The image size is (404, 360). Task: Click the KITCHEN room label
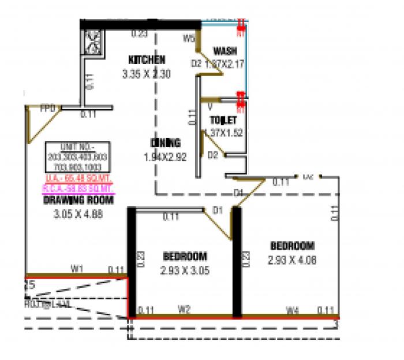[147, 60]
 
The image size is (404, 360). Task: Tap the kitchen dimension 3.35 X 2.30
[146, 74]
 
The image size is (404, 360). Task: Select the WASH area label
[225, 51]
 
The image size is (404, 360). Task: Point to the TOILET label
[223, 120]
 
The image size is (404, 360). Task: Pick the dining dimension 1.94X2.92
[165, 157]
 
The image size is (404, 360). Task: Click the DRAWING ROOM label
[78, 201]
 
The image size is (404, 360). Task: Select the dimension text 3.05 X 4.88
[78, 214]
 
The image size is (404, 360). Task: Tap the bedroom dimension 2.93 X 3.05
[185, 270]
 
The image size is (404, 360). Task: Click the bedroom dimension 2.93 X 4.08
[292, 260]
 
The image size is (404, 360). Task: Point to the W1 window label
[77, 268]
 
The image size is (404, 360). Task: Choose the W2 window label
[184, 310]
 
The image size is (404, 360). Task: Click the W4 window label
[293, 310]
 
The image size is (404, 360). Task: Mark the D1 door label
[218, 210]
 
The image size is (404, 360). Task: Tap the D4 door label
[239, 192]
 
